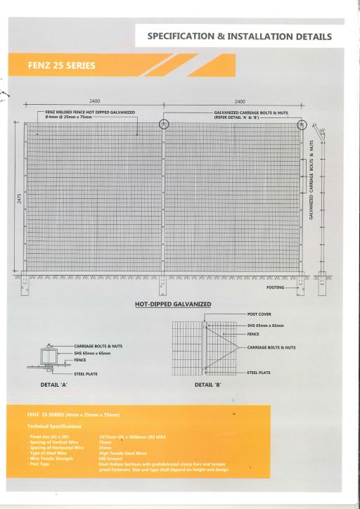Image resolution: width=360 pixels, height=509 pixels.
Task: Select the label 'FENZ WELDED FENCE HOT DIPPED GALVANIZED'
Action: click(90, 111)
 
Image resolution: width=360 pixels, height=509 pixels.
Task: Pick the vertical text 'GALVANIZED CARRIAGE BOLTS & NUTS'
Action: click(311, 179)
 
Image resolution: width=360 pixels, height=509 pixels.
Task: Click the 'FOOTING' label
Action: click(276, 288)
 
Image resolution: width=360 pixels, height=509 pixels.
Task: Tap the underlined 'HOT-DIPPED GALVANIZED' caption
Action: click(173, 304)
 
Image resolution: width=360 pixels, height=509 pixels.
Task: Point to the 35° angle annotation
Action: click(323, 131)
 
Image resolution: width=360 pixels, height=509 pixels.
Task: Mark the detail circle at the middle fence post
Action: click(164, 124)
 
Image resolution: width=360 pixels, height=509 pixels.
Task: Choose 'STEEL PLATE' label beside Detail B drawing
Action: click(259, 373)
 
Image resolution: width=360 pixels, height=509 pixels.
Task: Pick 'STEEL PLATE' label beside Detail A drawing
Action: click(87, 373)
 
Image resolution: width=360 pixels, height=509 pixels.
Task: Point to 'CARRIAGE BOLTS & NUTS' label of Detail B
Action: click(271, 347)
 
